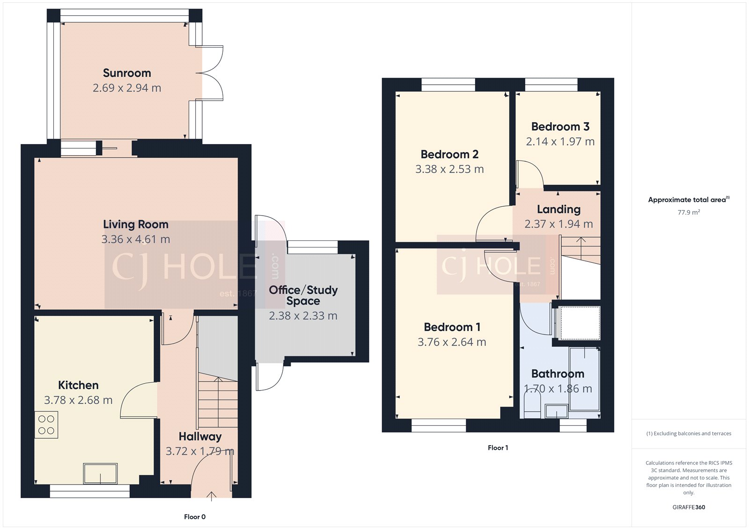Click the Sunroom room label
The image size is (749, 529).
click(x=127, y=73)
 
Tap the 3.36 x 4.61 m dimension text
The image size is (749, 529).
click(x=136, y=239)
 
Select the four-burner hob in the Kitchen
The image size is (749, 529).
click(x=46, y=425)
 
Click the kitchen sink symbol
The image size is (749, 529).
click(x=100, y=473)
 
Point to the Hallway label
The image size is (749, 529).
click(x=200, y=436)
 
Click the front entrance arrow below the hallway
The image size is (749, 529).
click(x=211, y=496)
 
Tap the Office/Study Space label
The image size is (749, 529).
click(x=303, y=295)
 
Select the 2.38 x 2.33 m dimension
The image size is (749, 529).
click(x=303, y=316)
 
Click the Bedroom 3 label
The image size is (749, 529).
click(x=560, y=127)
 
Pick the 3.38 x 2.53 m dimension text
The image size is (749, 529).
click(x=449, y=169)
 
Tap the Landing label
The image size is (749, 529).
click(x=558, y=209)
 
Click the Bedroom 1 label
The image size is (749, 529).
click(x=452, y=327)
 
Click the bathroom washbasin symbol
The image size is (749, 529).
click(x=556, y=412)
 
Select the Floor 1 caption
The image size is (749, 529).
click(x=498, y=448)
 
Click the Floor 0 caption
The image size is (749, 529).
click(x=195, y=517)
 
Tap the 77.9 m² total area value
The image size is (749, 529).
click(x=689, y=212)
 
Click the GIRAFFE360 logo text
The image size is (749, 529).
click(x=689, y=507)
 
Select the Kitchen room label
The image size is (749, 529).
click(x=78, y=385)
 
